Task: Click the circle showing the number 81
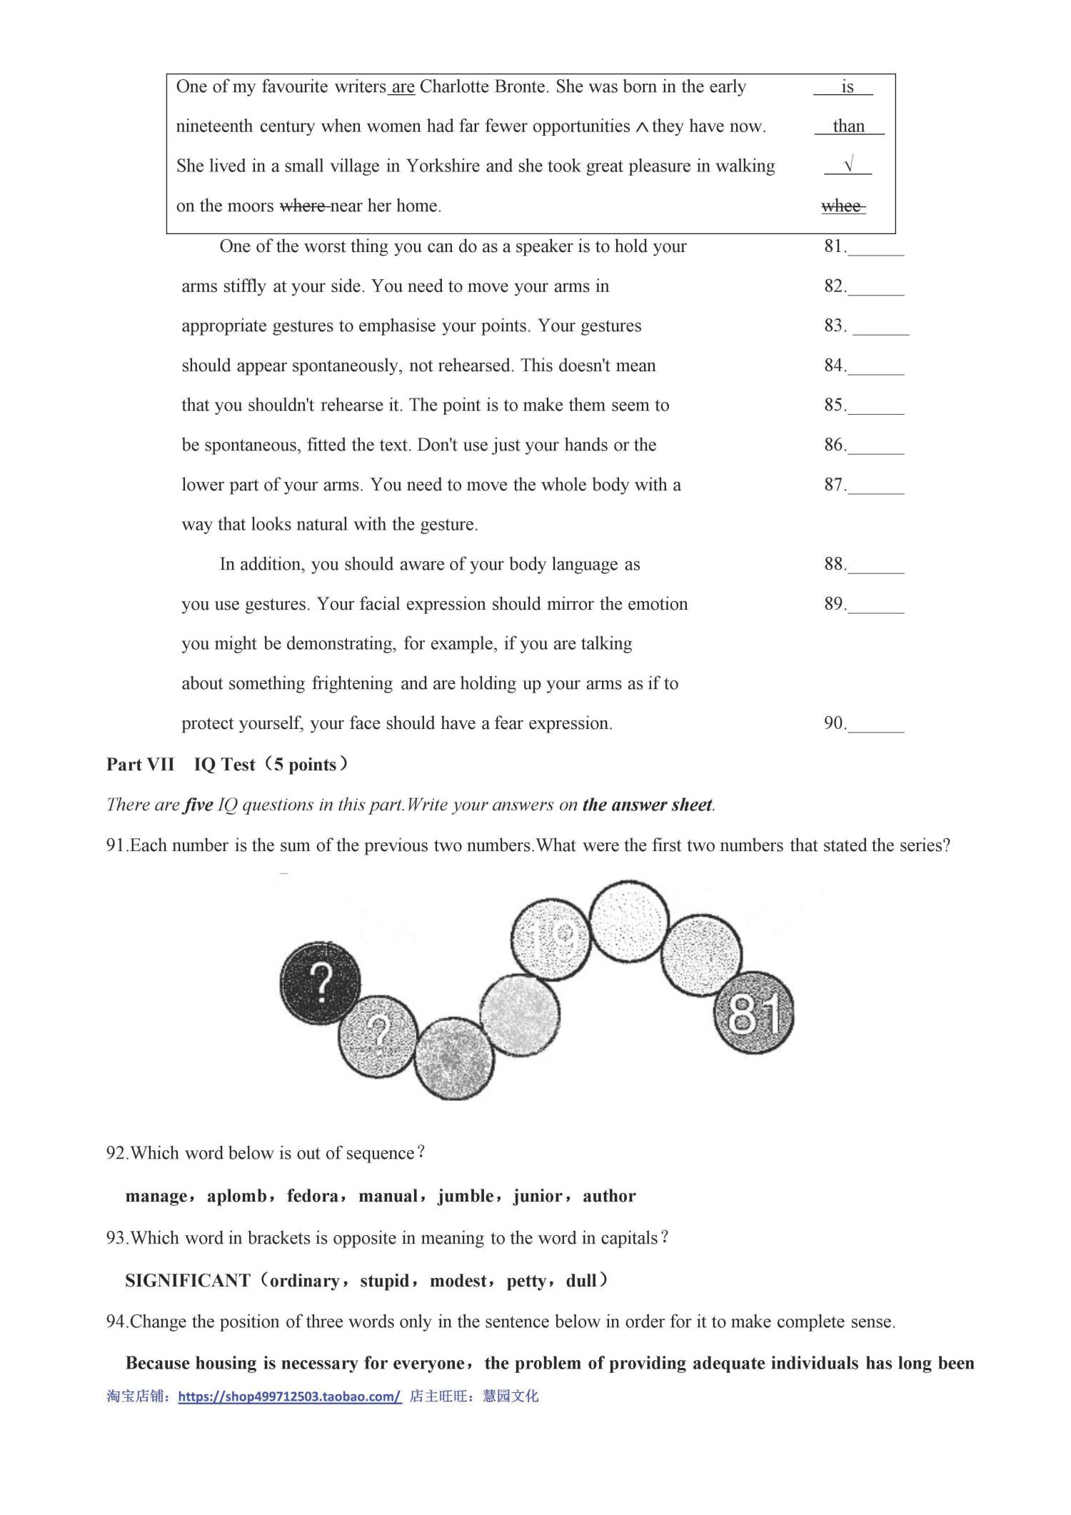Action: coord(754,1012)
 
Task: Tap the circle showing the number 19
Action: coord(551,936)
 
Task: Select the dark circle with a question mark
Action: coord(320,983)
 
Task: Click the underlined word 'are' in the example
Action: coord(403,88)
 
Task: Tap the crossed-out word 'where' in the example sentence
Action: coord(303,206)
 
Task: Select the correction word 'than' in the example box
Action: coord(848,126)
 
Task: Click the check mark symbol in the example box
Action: coord(848,166)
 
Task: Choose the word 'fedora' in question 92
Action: coord(313,1196)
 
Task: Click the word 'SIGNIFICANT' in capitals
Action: coord(188,1281)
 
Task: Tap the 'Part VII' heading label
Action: coord(140,765)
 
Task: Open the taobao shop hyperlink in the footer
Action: coord(290,1396)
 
